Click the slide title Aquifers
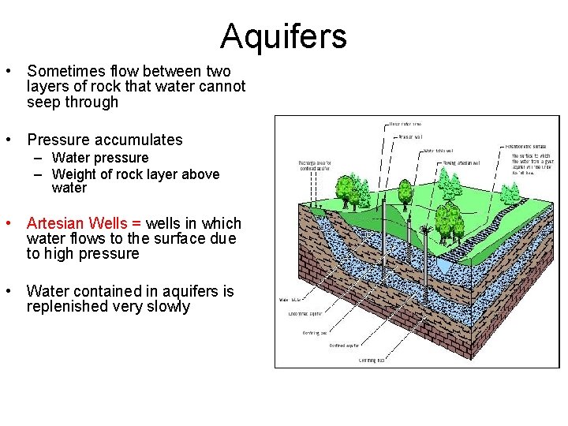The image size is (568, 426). click(283, 36)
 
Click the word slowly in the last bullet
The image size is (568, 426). click(166, 306)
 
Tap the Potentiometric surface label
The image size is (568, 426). click(525, 147)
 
